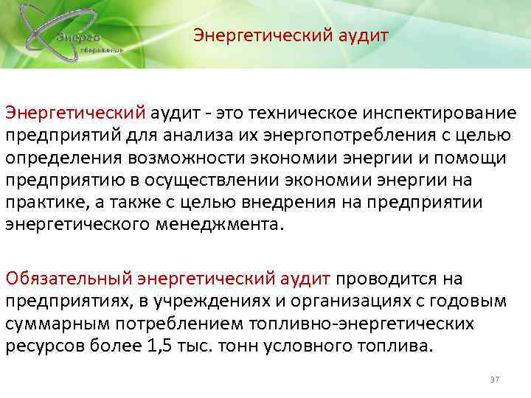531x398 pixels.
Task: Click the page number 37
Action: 495,378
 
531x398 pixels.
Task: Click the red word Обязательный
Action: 69,278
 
